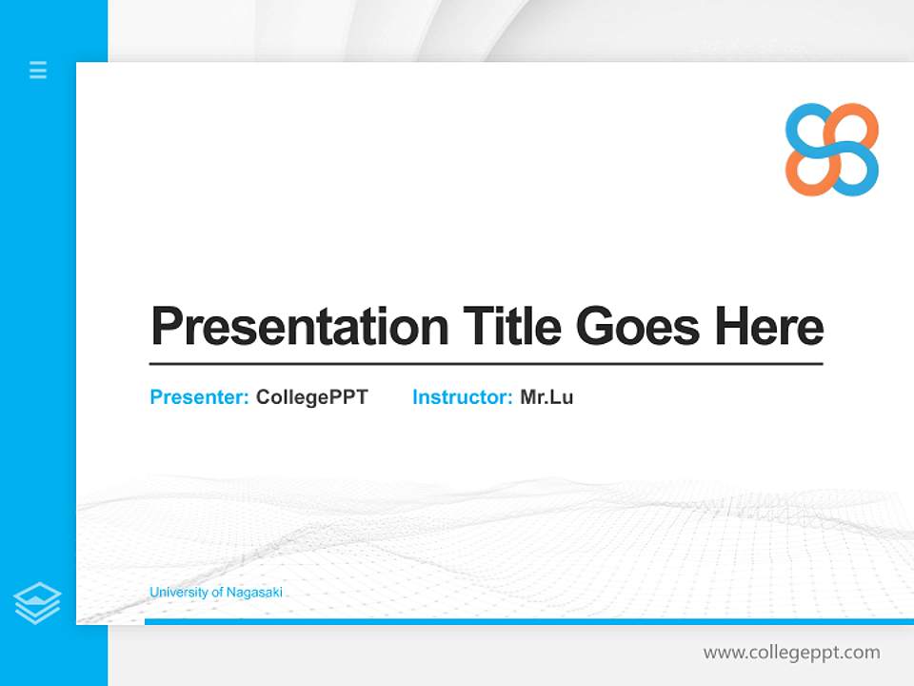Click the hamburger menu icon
[x=38, y=70]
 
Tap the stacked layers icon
[x=37, y=602]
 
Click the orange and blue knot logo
[x=831, y=150]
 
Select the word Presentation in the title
[x=299, y=327]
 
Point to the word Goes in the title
[x=638, y=327]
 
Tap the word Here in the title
[x=768, y=327]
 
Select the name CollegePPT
[x=311, y=397]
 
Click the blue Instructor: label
[x=462, y=397]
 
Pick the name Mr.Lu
[x=546, y=397]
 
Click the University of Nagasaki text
[x=216, y=593]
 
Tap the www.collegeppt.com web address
[x=791, y=653]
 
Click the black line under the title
[x=486, y=364]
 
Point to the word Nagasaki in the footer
[x=254, y=593]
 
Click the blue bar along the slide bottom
[x=528, y=621]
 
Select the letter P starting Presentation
[x=166, y=327]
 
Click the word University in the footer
[x=176, y=593]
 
